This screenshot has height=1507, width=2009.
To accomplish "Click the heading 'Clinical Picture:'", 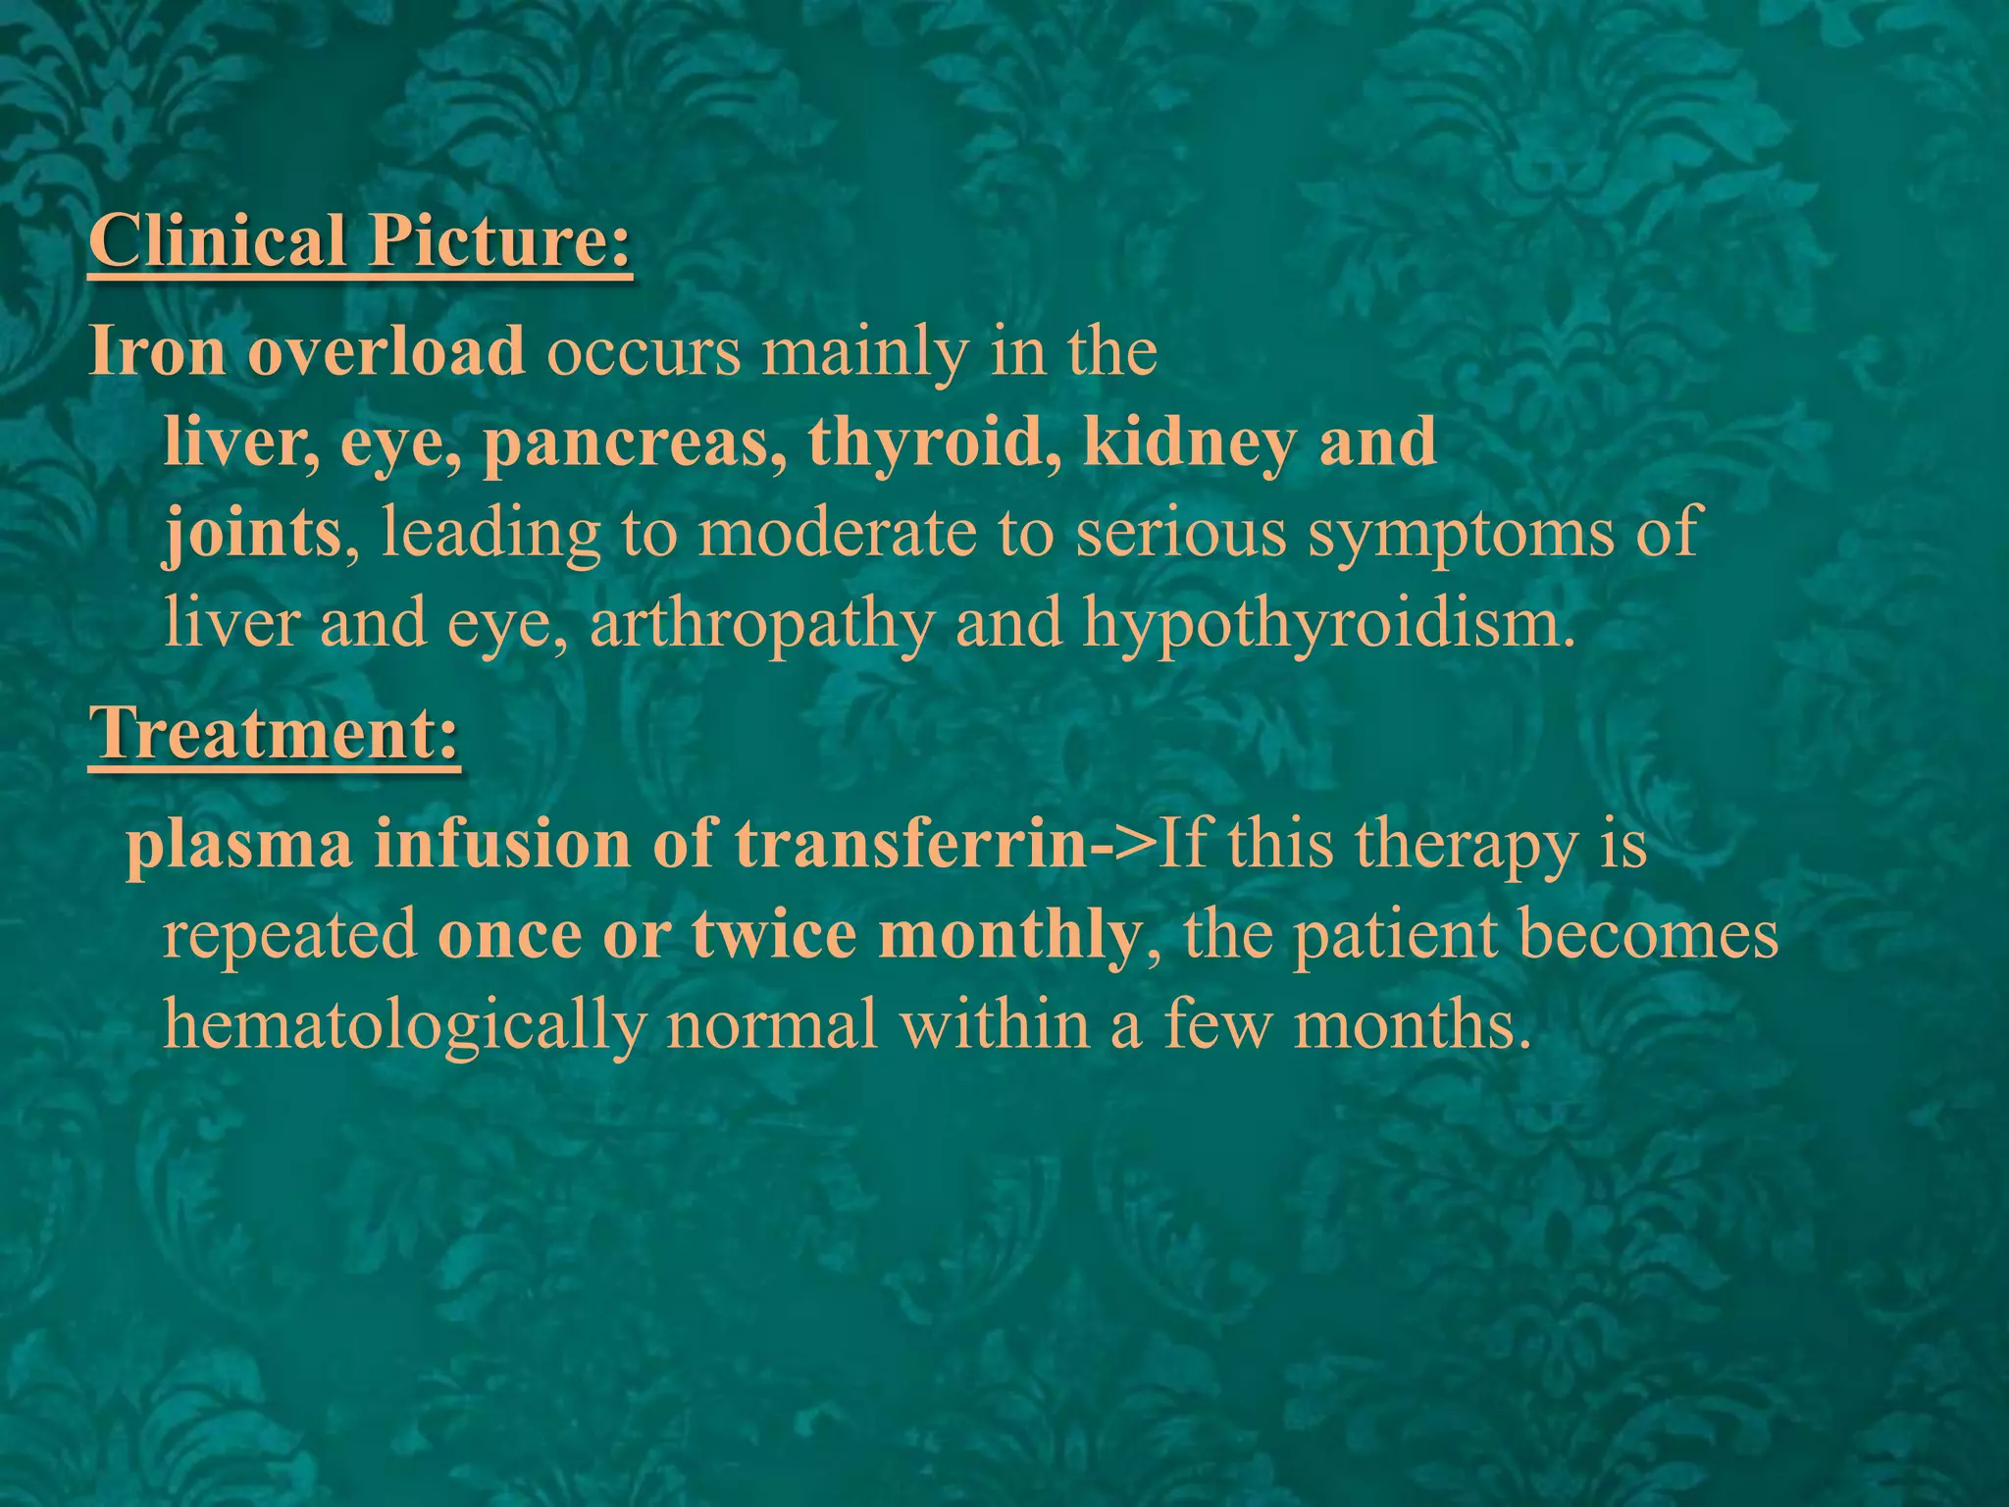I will (360, 241).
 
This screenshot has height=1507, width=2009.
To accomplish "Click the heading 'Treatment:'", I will (274, 733).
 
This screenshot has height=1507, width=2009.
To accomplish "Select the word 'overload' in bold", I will (386, 351).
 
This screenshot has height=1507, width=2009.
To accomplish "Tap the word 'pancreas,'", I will (634, 443).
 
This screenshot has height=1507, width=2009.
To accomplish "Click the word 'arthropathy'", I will (761, 624).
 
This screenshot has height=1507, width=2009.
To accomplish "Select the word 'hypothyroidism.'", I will (1329, 624).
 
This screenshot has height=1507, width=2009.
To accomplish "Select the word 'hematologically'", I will (403, 1026).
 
